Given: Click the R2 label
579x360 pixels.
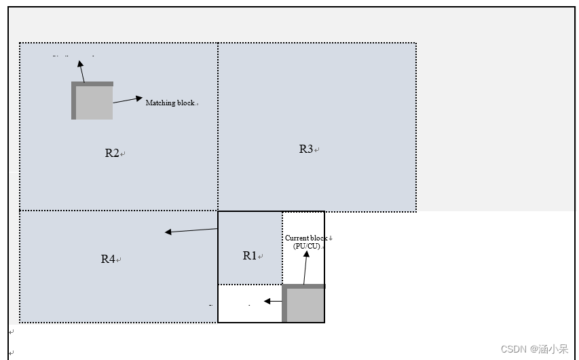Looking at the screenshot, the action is point(112,153).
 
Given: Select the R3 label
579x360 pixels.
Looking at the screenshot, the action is point(306,149).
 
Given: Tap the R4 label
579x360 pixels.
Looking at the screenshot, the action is point(108,259).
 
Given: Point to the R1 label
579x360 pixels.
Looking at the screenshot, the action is point(250,255).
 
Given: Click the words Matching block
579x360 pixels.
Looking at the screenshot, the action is point(170,103).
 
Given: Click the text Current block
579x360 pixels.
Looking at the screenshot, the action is point(306,238).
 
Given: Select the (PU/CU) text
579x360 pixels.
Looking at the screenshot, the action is point(306,246).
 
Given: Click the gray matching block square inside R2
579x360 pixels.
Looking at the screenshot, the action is point(94,103).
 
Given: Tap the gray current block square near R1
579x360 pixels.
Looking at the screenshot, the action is point(305,305).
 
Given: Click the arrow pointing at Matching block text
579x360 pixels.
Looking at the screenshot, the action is point(128,100).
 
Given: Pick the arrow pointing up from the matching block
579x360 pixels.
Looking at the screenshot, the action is point(81,71).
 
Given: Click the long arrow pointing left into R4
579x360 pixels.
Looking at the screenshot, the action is point(191,231).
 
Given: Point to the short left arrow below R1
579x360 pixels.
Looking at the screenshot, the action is point(273,301).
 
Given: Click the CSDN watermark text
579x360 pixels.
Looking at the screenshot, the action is point(534,349).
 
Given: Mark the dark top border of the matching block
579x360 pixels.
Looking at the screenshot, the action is point(92,84).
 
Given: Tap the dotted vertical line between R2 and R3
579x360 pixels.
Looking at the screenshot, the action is point(218,126).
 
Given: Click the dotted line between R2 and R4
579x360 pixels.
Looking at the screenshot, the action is point(119,211).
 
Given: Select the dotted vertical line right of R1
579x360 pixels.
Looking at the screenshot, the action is point(282,248).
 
